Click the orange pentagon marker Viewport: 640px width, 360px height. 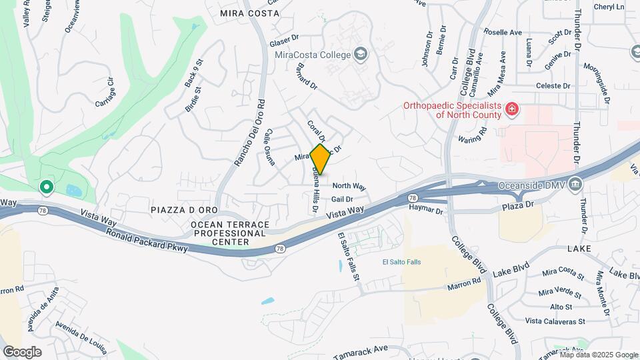pyautogui.click(x=321, y=159)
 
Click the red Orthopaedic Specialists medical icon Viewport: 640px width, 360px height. pyautogui.click(x=512, y=109)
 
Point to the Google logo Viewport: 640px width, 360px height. pyautogui.click(x=23, y=351)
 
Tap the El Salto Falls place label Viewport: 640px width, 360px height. pyautogui.click(x=403, y=261)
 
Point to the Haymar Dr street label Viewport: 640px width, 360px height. pyautogui.click(x=425, y=211)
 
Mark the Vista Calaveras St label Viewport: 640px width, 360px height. pyautogui.click(x=555, y=321)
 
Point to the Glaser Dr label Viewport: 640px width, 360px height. pyautogui.click(x=284, y=41)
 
